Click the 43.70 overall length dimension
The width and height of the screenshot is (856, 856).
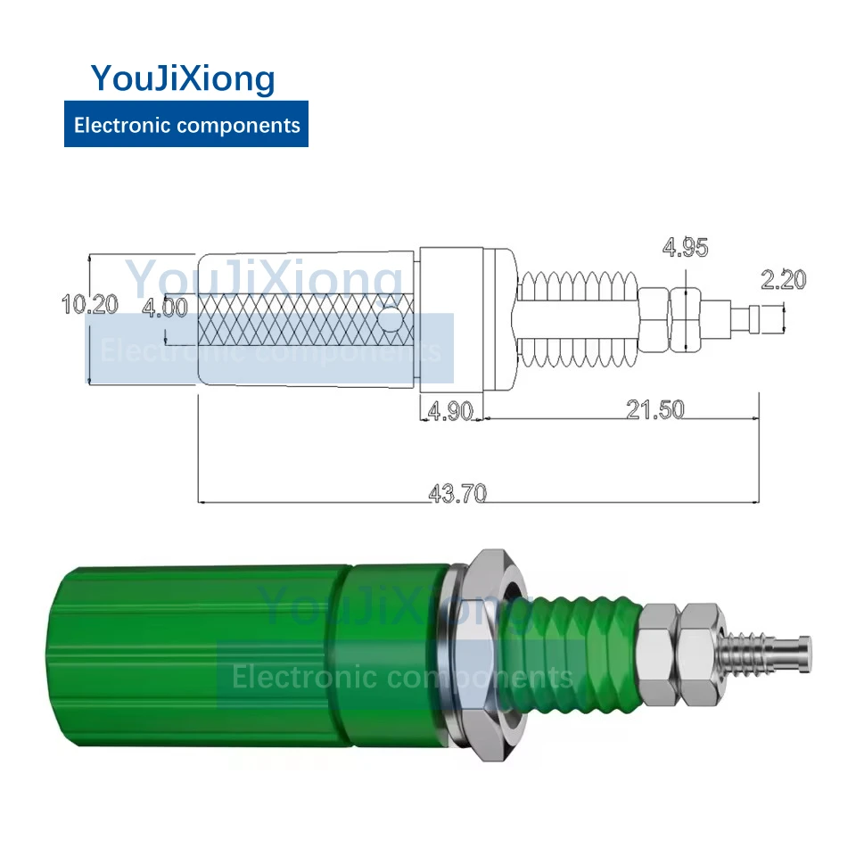pyautogui.click(x=457, y=493)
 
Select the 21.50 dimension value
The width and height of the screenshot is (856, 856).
pyautogui.click(x=655, y=409)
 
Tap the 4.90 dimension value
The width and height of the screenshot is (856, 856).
pyautogui.click(x=450, y=410)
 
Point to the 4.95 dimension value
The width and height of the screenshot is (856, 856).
pyautogui.click(x=685, y=247)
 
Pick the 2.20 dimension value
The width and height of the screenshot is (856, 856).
pyautogui.click(x=784, y=279)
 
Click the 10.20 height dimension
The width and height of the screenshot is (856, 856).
pyautogui.click(x=89, y=304)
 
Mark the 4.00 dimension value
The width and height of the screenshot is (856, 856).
pyautogui.click(x=165, y=308)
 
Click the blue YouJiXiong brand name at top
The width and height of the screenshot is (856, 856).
pyautogui.click(x=183, y=78)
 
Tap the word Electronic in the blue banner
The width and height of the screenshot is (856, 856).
pyautogui.click(x=123, y=125)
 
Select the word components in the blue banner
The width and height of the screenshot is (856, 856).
pyautogui.click(x=239, y=126)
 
